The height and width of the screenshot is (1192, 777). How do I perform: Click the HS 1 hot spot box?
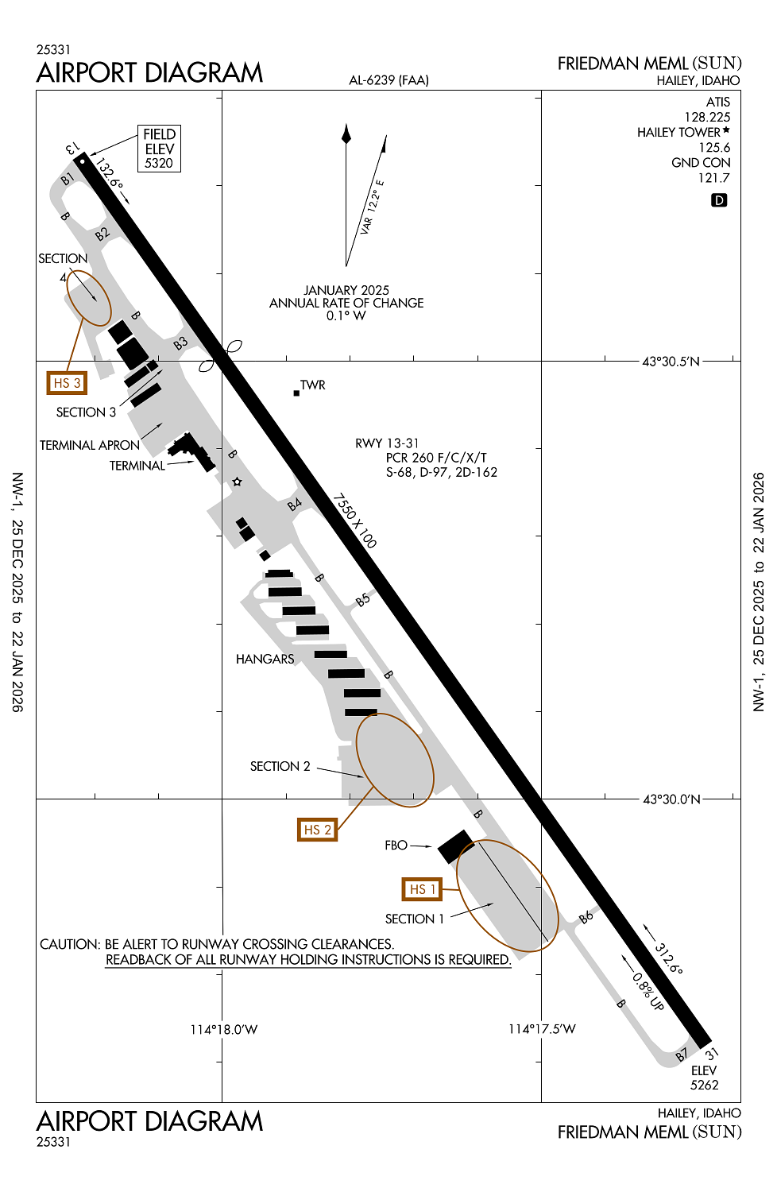[422, 889]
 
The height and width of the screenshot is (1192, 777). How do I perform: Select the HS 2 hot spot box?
[316, 830]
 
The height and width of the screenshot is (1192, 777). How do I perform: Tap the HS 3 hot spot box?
[67, 383]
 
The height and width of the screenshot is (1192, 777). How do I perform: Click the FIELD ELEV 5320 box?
[159, 149]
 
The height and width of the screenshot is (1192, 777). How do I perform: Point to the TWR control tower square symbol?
[297, 393]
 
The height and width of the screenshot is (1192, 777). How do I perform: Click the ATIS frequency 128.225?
[707, 117]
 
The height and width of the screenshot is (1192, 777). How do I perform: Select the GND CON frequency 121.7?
[713, 178]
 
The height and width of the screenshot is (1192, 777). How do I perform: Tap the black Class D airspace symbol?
[719, 200]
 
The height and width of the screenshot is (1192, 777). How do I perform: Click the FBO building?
[456, 846]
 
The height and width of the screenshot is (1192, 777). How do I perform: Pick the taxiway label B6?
[586, 917]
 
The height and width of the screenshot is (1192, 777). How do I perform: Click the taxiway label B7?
[682, 1055]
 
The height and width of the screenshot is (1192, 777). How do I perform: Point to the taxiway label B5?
[363, 600]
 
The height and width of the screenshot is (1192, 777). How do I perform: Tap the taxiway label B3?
[181, 344]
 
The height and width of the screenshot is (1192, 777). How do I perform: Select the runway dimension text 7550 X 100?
[354, 521]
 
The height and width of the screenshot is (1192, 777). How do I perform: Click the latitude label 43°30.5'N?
[671, 362]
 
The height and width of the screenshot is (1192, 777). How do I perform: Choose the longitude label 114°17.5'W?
[542, 1029]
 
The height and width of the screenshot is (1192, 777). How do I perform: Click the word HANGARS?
[265, 659]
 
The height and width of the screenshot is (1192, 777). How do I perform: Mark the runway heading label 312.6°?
[668, 958]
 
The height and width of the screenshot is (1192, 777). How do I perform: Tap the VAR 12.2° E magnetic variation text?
[372, 207]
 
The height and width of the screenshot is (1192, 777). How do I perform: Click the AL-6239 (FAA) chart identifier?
[388, 80]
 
